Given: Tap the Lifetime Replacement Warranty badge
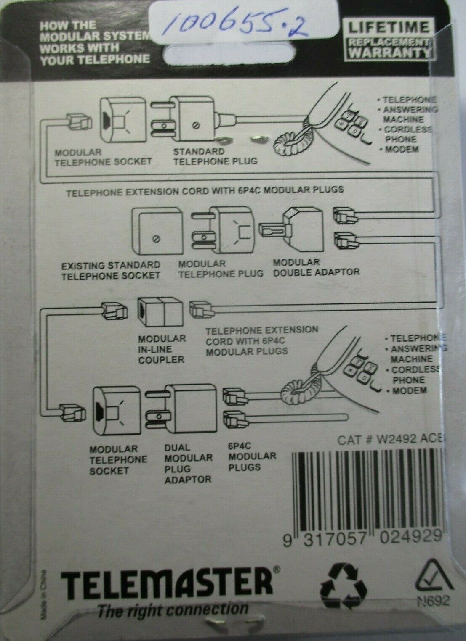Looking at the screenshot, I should tap(389, 40).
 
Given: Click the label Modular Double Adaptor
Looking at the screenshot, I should tap(316, 267).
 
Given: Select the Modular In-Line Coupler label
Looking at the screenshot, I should tap(162, 349).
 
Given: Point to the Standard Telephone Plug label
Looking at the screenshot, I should tap(216, 156).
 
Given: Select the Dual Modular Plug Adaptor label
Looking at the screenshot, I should tap(188, 463).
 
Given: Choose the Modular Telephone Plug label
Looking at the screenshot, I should tap(221, 269).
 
